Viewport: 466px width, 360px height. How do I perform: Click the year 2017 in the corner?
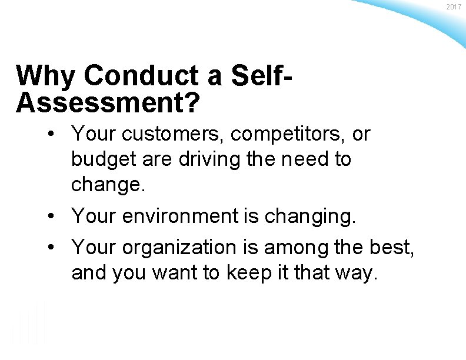point(454,6)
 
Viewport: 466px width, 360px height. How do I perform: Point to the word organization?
point(182,248)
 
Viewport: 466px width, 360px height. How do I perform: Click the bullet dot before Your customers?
point(54,135)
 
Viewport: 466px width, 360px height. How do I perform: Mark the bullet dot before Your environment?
point(54,216)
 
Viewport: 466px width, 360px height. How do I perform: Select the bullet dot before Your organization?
point(54,248)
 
